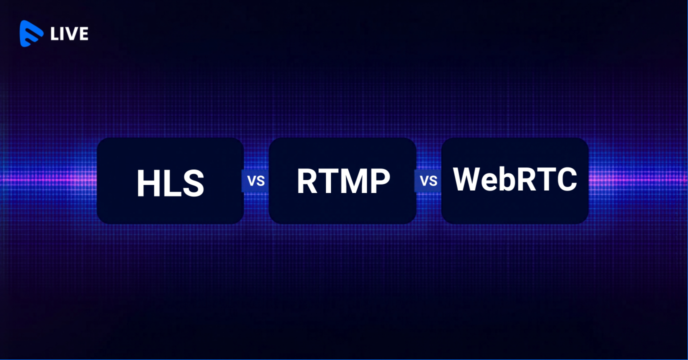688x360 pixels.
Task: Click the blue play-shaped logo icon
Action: (31, 33)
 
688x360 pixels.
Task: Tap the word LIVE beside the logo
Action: (69, 34)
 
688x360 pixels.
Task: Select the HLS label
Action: (170, 183)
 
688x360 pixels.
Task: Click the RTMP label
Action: (343, 181)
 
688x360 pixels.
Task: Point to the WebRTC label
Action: (515, 179)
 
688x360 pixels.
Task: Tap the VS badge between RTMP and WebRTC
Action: (428, 180)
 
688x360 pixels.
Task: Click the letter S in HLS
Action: (193, 183)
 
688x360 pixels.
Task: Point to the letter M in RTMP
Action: (353, 181)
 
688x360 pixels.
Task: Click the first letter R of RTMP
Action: (307, 181)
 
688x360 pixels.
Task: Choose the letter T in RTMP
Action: (327, 181)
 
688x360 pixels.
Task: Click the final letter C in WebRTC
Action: (567, 179)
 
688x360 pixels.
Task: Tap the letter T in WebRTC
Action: (546, 179)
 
